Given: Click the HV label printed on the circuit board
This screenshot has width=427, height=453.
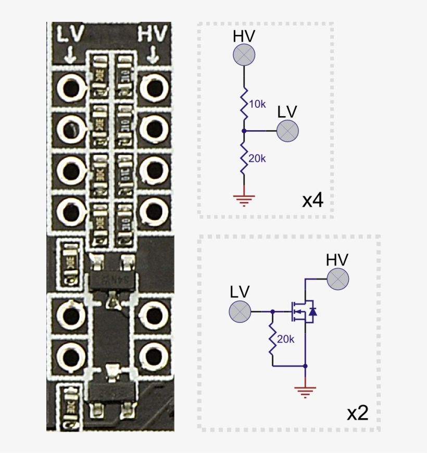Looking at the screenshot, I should click(153, 35).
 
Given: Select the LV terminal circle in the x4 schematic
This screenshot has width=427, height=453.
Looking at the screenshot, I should click(287, 131).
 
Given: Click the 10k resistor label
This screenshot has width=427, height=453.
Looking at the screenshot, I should click(257, 105).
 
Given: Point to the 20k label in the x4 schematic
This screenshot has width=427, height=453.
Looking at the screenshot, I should click(257, 158).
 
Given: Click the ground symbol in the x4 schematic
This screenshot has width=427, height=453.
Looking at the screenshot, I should click(243, 198).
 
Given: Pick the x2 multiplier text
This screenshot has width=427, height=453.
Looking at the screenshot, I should click(357, 413).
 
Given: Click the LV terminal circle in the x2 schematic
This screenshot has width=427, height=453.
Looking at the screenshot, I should click(240, 311).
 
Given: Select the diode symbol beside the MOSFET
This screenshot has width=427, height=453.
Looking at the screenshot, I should click(312, 311).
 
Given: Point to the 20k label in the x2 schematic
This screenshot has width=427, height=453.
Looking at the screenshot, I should click(286, 339).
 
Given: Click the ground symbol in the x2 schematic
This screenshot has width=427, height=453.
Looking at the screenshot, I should click(305, 391).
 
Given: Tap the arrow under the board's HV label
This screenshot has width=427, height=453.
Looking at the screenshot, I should click(153, 54).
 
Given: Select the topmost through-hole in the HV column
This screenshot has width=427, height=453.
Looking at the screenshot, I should click(153, 87).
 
